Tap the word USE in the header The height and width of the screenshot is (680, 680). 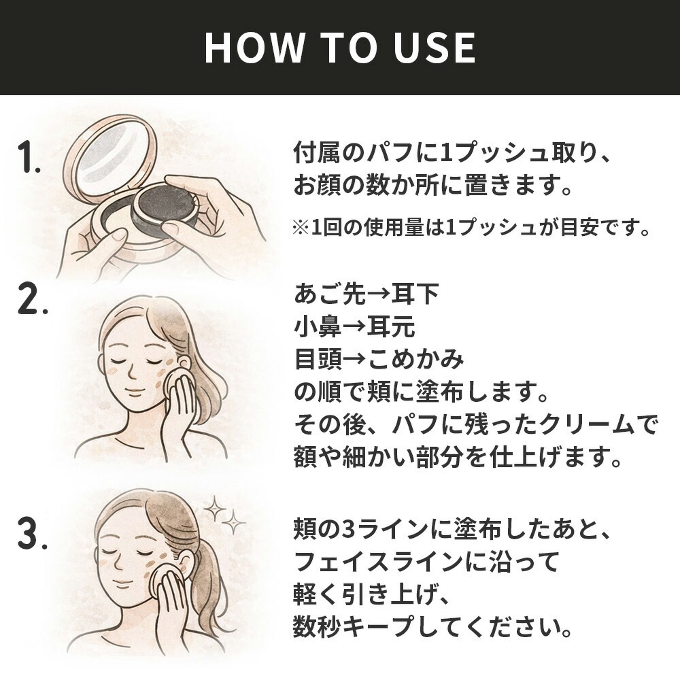click(435, 48)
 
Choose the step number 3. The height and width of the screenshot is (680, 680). click(32, 534)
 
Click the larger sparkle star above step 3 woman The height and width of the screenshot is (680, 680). click(214, 508)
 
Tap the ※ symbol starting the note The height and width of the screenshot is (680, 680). click(301, 228)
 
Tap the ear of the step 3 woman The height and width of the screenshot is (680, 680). click(184, 562)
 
